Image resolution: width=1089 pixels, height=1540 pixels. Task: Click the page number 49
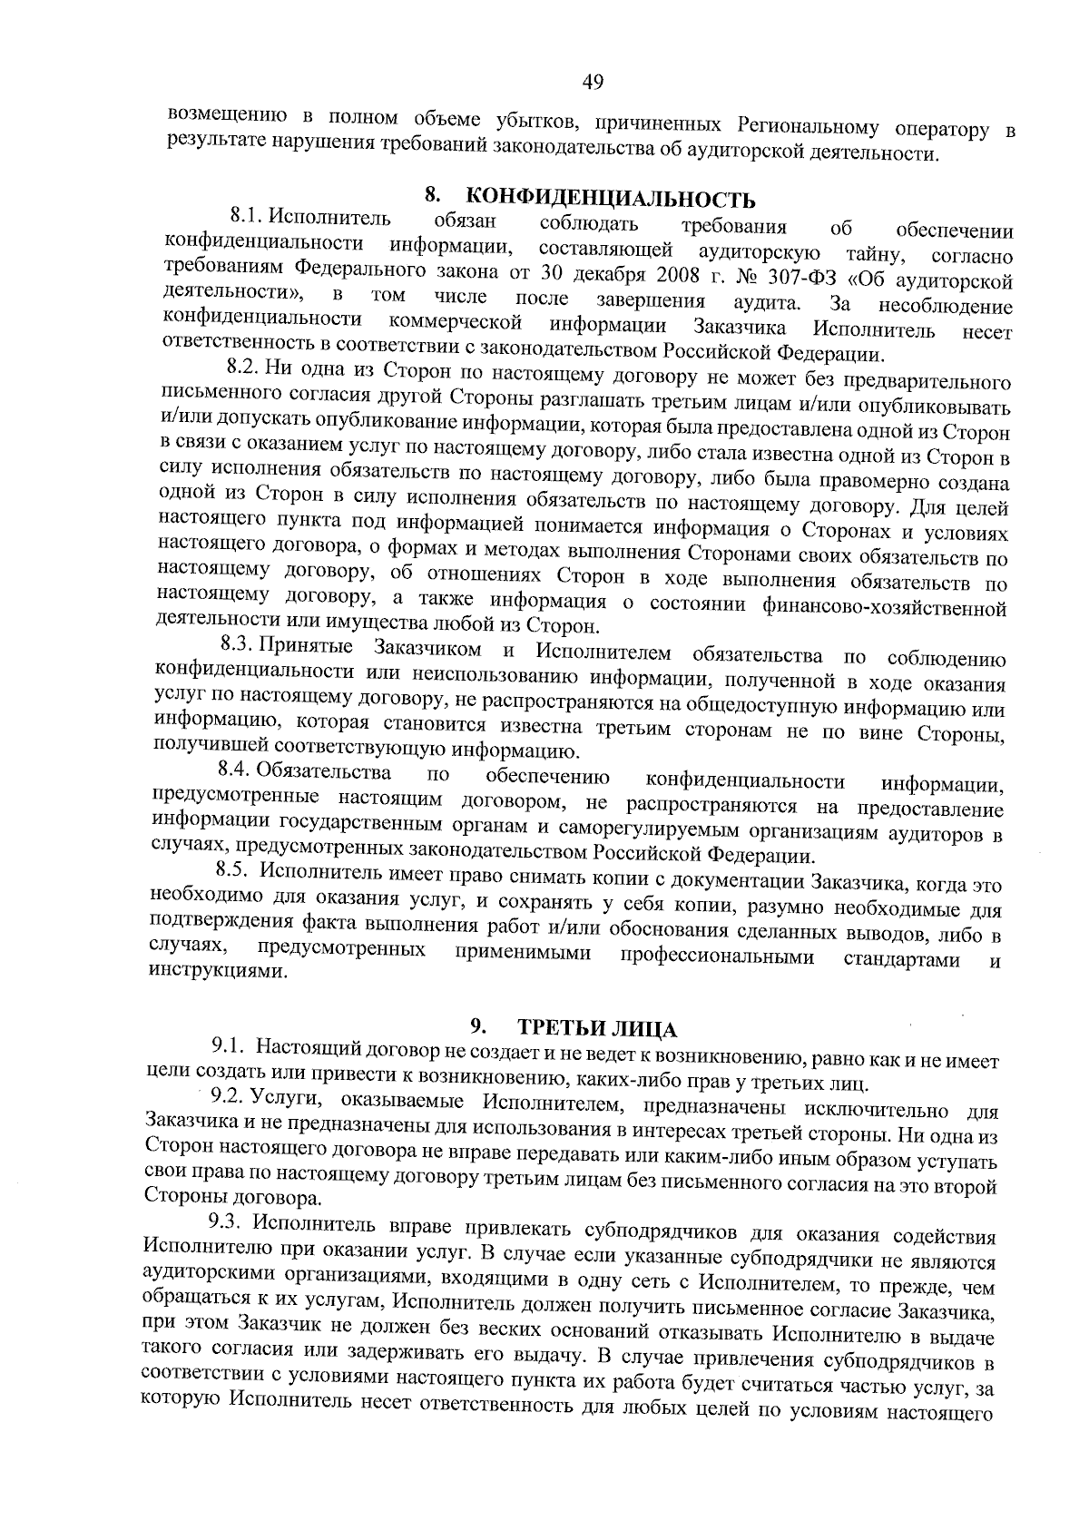coord(593,83)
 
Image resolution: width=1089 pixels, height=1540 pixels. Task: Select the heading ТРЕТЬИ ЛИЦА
coord(597,1029)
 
